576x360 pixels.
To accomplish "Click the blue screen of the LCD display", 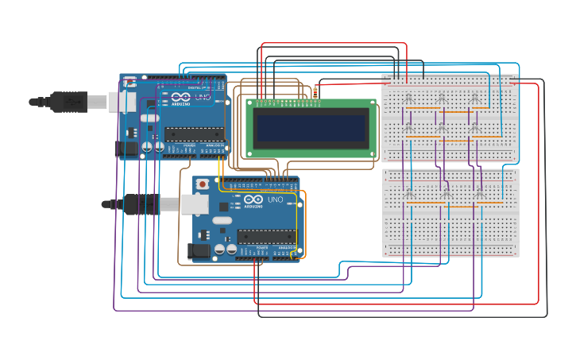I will click(x=311, y=126).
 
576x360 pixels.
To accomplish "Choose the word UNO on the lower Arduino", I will click(x=275, y=199).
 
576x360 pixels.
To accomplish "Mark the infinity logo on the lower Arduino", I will click(x=253, y=200).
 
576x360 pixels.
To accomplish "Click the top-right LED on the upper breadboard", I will click(x=475, y=98).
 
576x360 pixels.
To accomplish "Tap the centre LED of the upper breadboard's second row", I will click(x=442, y=127).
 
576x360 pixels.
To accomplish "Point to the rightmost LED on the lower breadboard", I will click(x=479, y=194).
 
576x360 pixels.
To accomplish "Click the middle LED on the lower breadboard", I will click(x=444, y=194).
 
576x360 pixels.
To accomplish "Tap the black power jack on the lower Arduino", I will click(x=199, y=250).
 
